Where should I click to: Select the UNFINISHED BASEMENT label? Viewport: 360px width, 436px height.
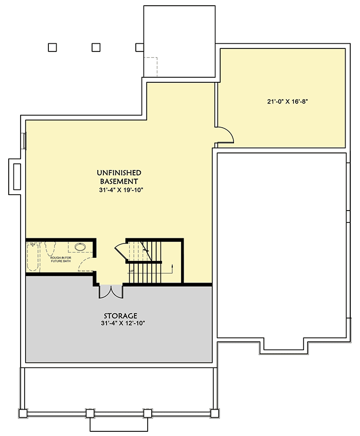click(119, 177)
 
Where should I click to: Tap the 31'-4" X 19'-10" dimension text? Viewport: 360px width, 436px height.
click(119, 189)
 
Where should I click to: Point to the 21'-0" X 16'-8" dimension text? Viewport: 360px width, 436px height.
click(287, 102)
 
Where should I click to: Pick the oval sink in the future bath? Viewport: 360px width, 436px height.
click(80, 247)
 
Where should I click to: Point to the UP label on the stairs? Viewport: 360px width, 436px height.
click(132, 270)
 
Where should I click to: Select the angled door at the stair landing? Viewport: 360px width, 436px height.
click(119, 250)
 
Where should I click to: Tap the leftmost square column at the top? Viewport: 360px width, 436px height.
click(52, 47)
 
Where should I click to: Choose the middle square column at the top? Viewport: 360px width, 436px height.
click(96, 47)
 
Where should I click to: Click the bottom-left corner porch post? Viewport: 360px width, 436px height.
click(22, 413)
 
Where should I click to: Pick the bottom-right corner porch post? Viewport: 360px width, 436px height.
click(214, 413)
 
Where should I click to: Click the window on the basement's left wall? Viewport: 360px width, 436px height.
click(24, 140)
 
